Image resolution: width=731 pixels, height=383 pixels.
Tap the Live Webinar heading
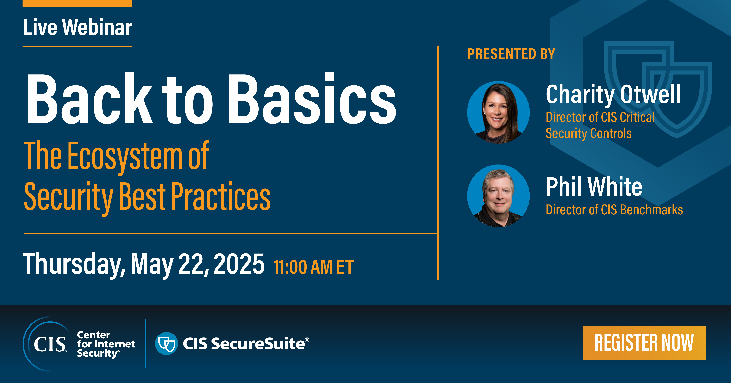coord(77,28)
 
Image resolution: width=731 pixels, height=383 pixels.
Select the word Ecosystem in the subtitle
coord(125,156)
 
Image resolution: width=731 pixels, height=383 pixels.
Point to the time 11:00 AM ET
coord(314,267)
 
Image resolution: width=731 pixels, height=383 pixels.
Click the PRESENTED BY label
coord(511,54)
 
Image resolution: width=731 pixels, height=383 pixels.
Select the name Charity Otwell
coord(613,95)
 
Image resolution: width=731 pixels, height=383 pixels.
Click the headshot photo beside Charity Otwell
coord(498,112)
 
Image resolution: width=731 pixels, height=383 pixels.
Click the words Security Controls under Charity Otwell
coord(589,133)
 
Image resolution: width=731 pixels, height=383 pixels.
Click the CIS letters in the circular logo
coord(50,344)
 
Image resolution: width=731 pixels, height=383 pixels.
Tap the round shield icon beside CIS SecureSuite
coord(166,343)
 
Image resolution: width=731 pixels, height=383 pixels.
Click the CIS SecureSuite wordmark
coord(244,344)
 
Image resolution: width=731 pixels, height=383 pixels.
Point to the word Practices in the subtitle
coord(220,197)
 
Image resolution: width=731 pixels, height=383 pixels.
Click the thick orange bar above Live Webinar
coord(77,3)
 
